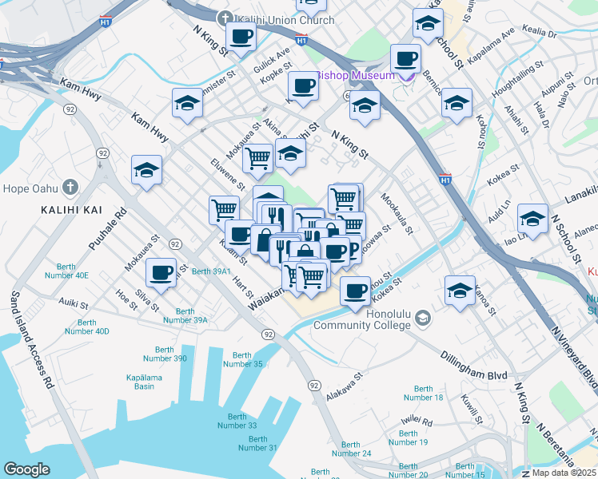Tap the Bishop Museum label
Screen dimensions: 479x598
pyautogui.click(x=357, y=75)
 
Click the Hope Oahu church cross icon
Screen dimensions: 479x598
pyautogui.click(x=70, y=188)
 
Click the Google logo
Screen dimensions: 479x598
pyautogui.click(x=26, y=469)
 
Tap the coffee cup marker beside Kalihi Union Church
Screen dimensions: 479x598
pyautogui.click(x=241, y=35)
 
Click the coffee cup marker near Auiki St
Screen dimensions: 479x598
pyautogui.click(x=161, y=273)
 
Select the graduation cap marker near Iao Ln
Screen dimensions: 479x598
pyautogui.click(x=532, y=217)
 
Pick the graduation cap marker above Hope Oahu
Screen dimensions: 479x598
pyautogui.click(x=147, y=170)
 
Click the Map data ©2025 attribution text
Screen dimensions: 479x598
pyautogui.click(x=564, y=472)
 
